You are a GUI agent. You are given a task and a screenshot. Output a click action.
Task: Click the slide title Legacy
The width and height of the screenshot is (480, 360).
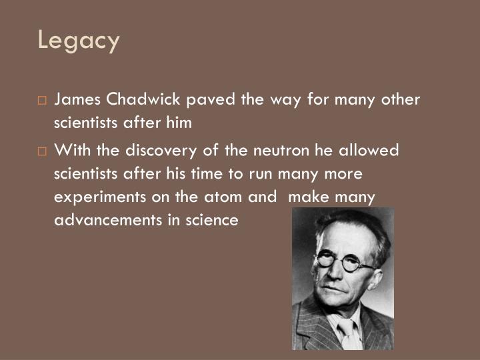(79, 41)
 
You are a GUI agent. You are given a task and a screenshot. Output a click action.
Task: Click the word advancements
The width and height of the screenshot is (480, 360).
(107, 221)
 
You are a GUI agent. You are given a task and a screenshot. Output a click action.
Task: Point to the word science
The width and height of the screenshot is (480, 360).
(213, 221)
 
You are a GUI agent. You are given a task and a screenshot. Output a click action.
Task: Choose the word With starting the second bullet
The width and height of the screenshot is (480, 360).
(71, 150)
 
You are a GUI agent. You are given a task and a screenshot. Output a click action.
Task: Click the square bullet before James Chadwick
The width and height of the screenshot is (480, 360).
(42, 101)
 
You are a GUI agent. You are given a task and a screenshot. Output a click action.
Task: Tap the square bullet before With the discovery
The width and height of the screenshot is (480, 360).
(42, 151)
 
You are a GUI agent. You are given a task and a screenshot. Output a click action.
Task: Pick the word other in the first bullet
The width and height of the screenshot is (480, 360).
(401, 100)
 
